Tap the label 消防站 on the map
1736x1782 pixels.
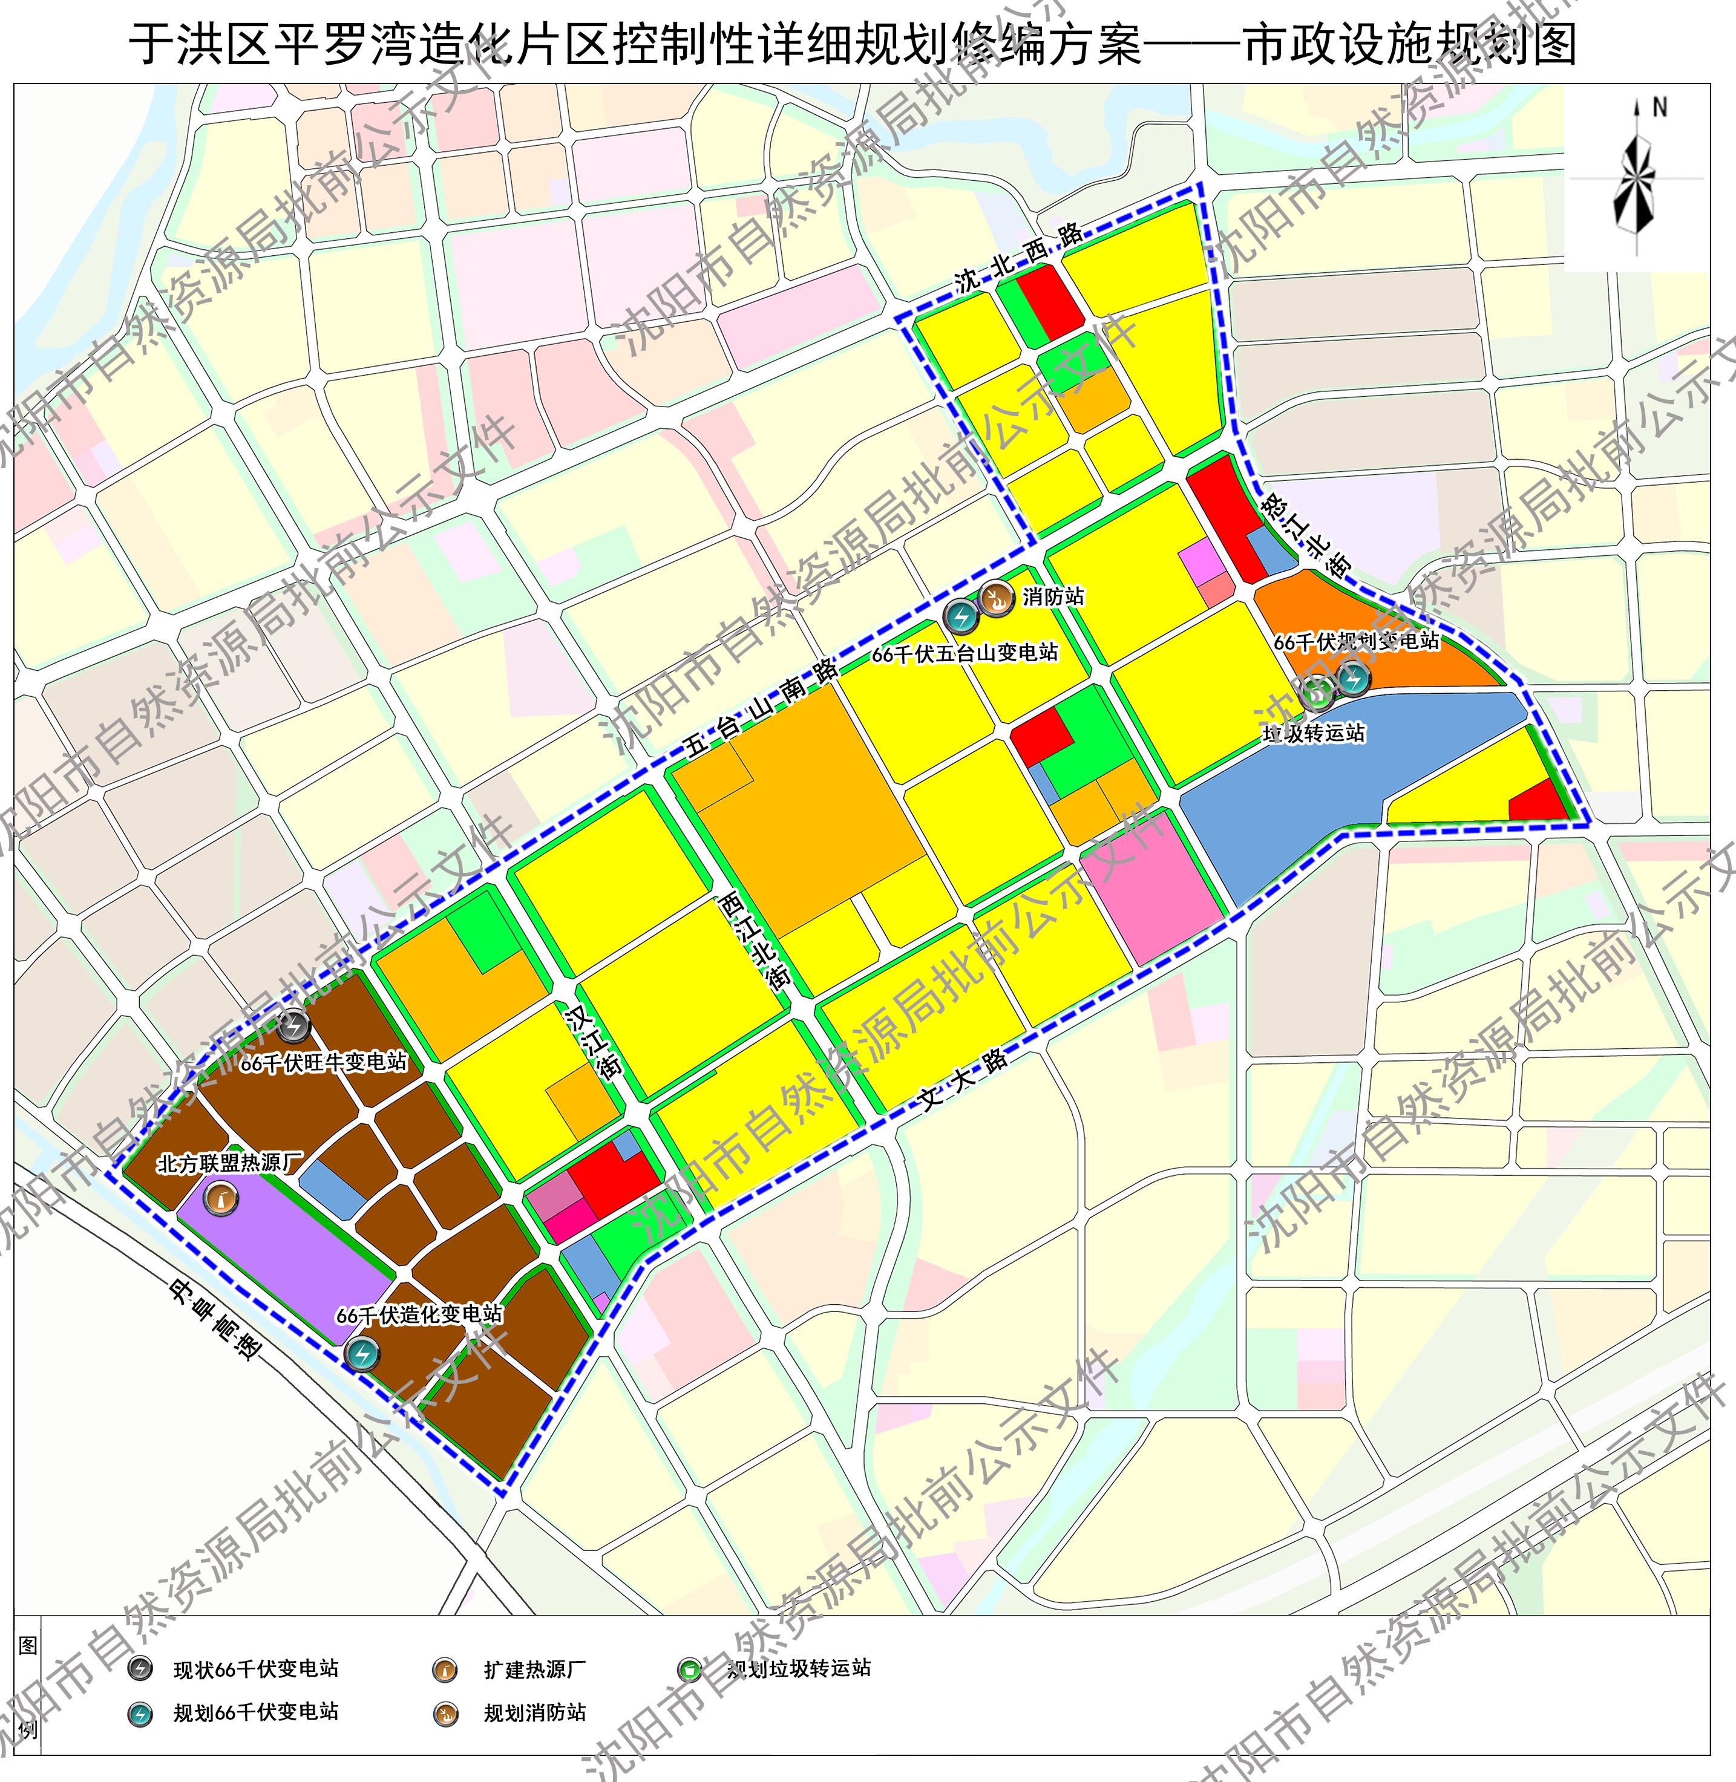[1053, 597]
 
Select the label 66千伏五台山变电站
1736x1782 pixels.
[965, 653]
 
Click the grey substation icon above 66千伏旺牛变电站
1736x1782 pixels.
[293, 1027]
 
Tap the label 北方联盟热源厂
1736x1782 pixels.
[230, 1163]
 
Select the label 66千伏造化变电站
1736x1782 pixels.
[419, 1314]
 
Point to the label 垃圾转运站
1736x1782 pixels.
[1313, 733]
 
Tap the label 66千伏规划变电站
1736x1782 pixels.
[1356, 642]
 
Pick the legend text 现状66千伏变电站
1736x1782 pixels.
[256, 1669]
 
